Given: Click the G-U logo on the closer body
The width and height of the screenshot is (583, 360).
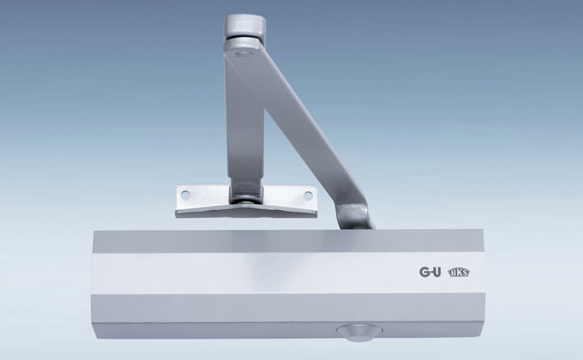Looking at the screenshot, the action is (430, 272).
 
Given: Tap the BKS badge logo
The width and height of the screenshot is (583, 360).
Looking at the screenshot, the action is (460, 273).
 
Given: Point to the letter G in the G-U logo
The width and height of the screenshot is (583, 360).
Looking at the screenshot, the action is (424, 272).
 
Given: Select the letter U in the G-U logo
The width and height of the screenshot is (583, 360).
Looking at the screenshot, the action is (437, 272).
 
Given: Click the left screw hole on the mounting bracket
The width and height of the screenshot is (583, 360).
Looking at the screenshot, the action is (185, 195).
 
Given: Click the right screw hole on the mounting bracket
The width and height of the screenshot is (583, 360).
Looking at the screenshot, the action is (308, 195).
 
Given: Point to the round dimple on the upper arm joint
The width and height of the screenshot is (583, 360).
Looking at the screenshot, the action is (243, 54).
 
